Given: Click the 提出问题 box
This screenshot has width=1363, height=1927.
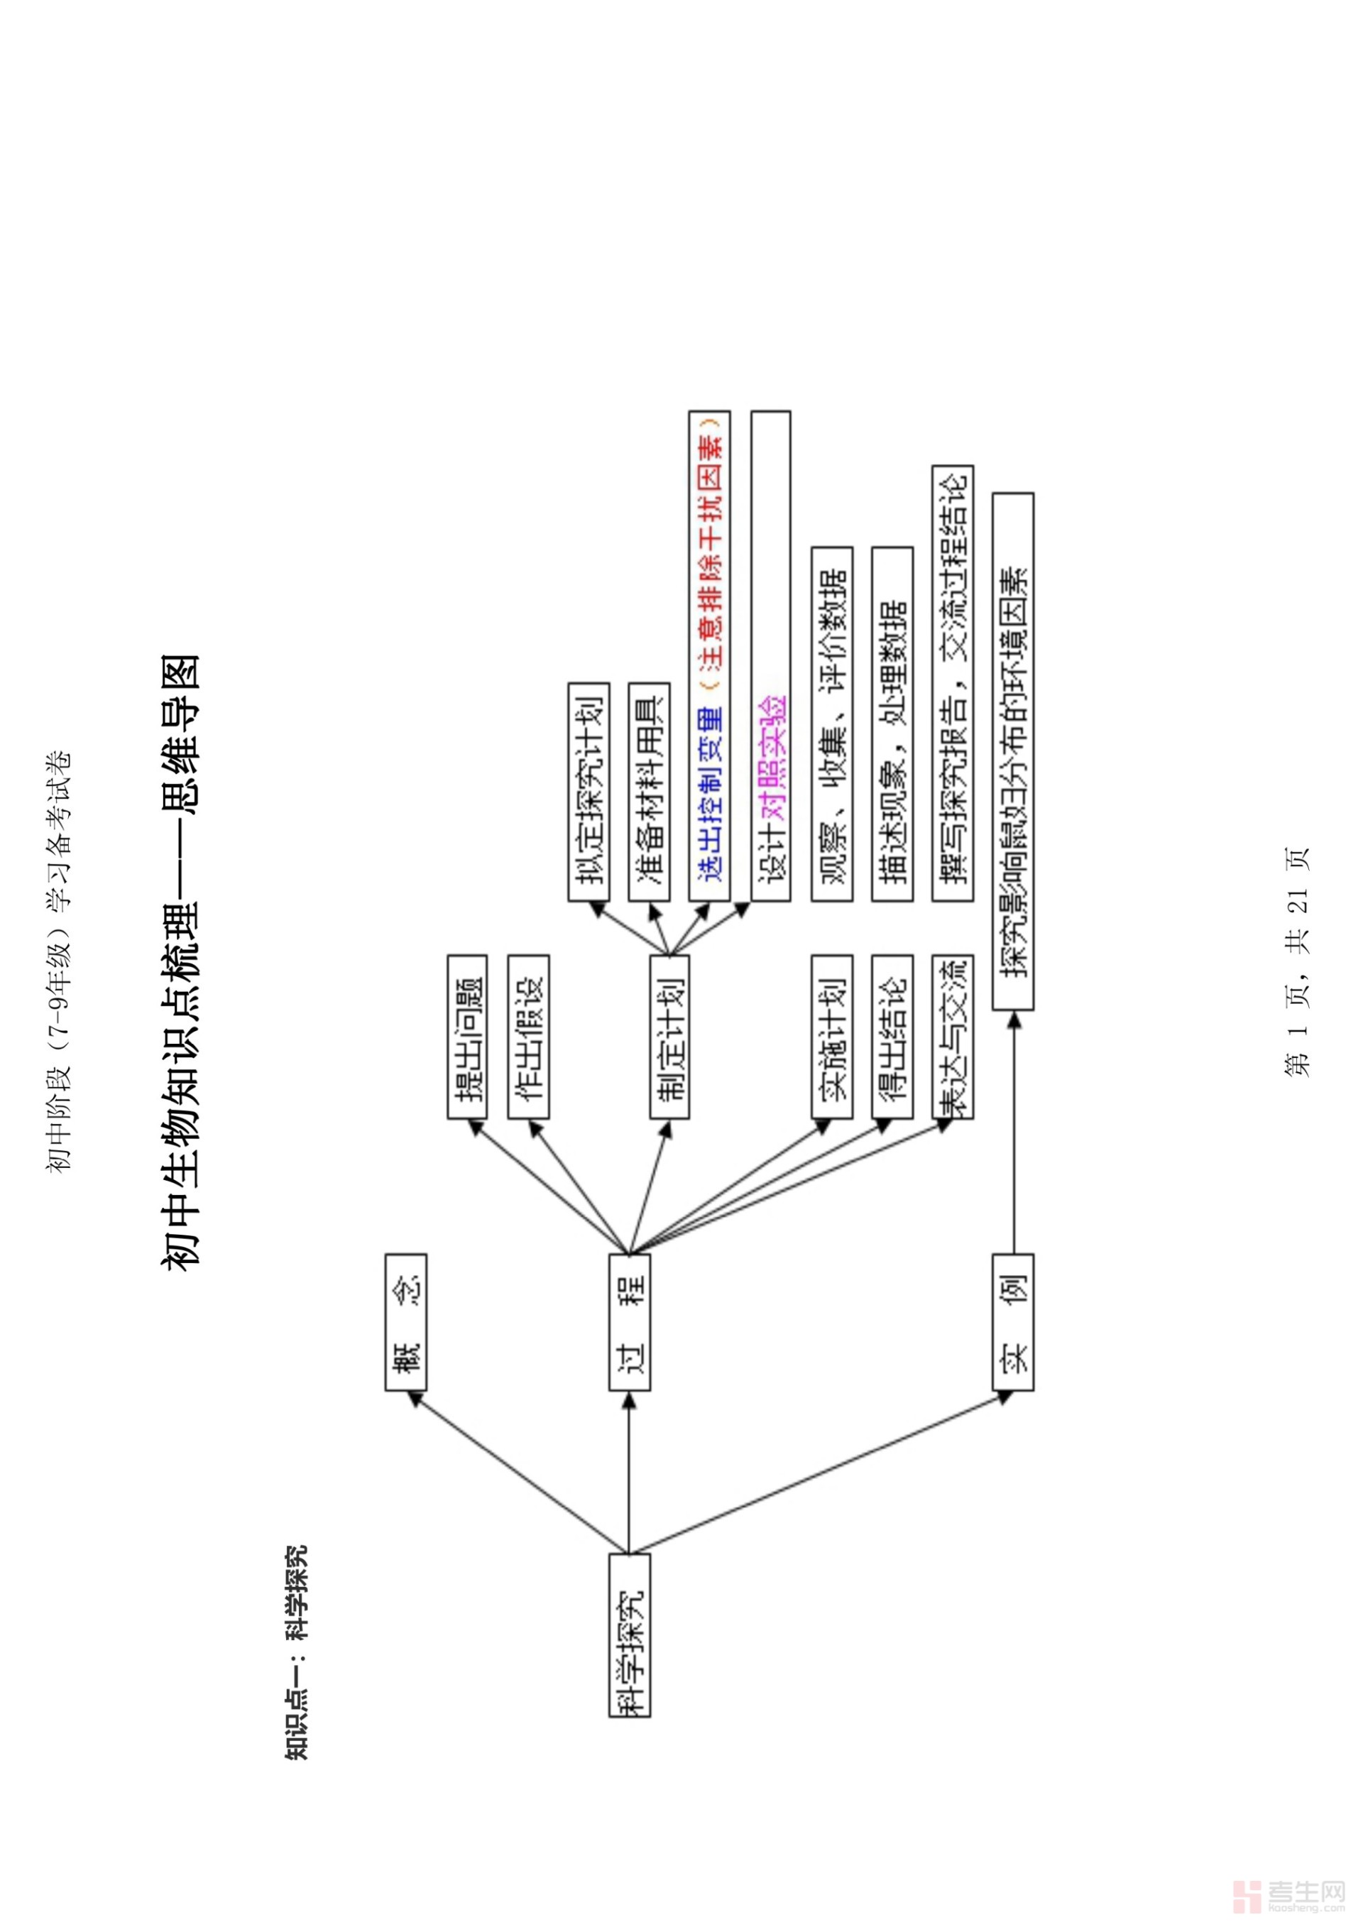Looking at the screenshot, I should tap(468, 1036).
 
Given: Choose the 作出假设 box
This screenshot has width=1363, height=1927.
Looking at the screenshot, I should tap(529, 1036).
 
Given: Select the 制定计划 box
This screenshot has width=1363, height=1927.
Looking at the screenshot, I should tap(669, 1036).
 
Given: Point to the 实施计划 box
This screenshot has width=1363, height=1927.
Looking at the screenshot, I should tap(832, 1036).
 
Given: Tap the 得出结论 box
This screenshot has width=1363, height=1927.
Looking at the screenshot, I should tap(892, 1036).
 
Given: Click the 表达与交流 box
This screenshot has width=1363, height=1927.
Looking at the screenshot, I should tap(953, 1036).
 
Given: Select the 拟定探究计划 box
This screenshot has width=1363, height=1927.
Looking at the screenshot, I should tap(589, 792).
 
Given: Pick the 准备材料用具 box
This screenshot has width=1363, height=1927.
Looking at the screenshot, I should tap(649, 792).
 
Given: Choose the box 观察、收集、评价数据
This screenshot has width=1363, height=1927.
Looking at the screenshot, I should tap(832, 724).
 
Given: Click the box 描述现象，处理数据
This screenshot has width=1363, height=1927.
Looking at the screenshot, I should tap(892, 724).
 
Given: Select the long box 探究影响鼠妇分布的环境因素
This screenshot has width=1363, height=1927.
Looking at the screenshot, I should tap(1012, 750).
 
